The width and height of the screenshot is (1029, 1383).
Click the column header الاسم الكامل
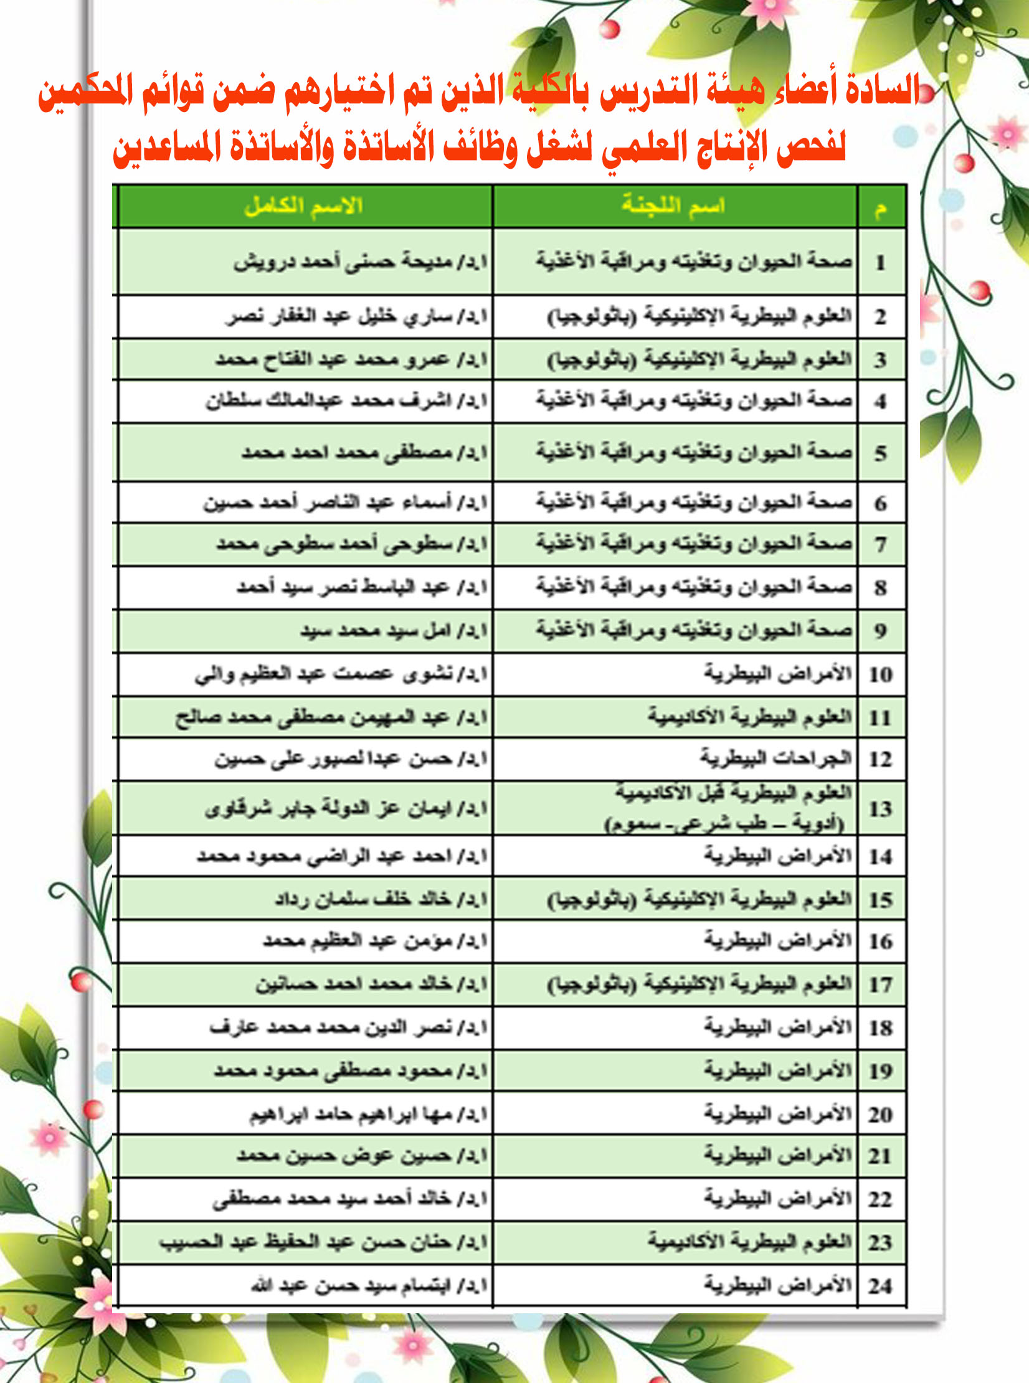click(x=303, y=206)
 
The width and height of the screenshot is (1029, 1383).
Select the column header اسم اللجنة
click(x=673, y=206)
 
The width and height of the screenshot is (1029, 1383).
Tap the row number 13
click(x=880, y=809)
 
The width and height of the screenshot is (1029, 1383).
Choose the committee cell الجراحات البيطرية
click(x=775, y=758)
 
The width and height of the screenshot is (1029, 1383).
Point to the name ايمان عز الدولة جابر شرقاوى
click(x=346, y=809)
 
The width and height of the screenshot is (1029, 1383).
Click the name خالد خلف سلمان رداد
click(x=381, y=899)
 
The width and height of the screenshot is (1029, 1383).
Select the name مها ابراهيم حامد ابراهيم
click(x=368, y=1114)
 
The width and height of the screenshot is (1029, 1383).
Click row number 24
click(x=880, y=1286)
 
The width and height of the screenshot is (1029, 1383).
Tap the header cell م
click(x=880, y=207)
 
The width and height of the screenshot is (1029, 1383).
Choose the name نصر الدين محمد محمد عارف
click(x=348, y=1028)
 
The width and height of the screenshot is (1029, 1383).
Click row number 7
click(x=880, y=545)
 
